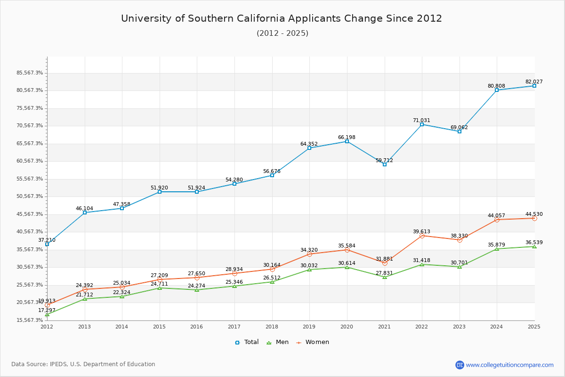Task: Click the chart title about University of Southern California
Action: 282,18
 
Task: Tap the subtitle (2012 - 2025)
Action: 282,33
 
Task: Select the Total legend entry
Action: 247,342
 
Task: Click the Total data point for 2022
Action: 422,124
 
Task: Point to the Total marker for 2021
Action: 385,164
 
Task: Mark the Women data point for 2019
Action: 309,254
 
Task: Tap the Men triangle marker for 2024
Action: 497,249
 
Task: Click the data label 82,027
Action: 534,82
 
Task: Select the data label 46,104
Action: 84,208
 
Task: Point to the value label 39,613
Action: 421,231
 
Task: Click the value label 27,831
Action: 384,273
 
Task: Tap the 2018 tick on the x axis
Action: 272,327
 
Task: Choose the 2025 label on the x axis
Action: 534,327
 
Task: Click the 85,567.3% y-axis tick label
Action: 30,73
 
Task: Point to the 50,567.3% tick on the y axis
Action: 30,197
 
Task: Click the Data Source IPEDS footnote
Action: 83,364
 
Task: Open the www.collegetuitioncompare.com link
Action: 510,365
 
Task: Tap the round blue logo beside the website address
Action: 460,365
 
